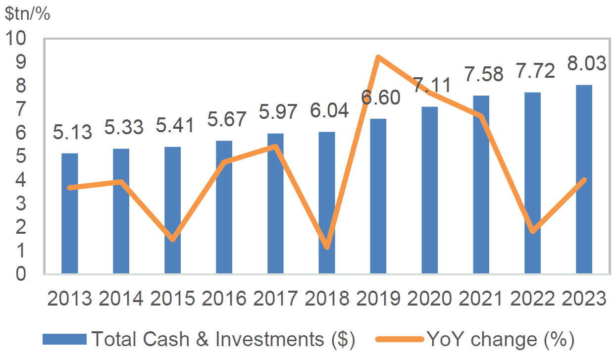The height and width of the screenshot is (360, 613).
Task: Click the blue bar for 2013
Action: pyautogui.click(x=69, y=213)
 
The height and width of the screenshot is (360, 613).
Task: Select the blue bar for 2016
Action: pyautogui.click(x=224, y=207)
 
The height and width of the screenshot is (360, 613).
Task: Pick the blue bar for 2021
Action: pyautogui.click(x=481, y=184)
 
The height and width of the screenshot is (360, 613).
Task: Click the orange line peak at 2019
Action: pyautogui.click(x=378, y=57)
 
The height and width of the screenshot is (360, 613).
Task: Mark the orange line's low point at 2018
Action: pyautogui.click(x=327, y=247)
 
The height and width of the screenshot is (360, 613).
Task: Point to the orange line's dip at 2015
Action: pyautogui.click(x=172, y=239)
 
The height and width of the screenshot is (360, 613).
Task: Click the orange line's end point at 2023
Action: pyautogui.click(x=584, y=180)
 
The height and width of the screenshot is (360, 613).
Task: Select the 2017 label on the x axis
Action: pyautogui.click(x=275, y=299)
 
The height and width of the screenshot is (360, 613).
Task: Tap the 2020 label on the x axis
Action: pyautogui.click(x=430, y=299)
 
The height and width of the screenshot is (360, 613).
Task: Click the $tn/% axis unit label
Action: pyautogui.click(x=28, y=14)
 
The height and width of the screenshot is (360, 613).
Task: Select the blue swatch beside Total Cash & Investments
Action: pyautogui.click(x=64, y=340)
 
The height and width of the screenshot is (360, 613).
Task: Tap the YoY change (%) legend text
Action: pyautogui.click(x=500, y=340)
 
